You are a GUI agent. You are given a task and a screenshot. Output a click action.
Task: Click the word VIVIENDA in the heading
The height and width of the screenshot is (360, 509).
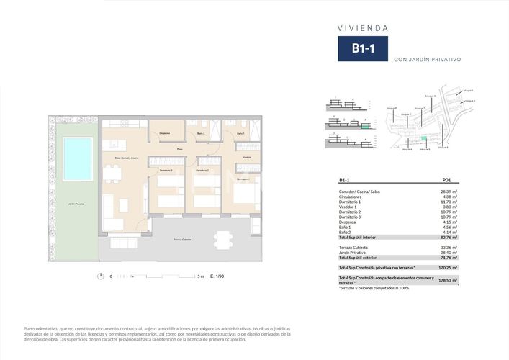pos(364,28)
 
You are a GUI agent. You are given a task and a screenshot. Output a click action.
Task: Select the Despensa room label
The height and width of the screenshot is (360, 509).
pos(165,134)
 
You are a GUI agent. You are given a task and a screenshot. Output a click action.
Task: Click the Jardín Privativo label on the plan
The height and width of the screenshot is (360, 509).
pos(76,204)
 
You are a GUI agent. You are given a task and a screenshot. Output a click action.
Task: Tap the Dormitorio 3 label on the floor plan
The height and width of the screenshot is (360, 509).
pos(166,171)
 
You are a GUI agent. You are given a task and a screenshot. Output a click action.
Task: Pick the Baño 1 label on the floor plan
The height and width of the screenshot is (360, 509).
pos(240,134)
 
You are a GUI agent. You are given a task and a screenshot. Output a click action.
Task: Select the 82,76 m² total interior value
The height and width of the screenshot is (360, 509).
pos(449,237)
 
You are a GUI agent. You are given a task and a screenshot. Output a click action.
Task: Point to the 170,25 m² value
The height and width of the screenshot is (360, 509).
pos(449,266)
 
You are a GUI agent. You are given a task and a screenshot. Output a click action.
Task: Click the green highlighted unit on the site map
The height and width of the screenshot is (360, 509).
pos(423,138)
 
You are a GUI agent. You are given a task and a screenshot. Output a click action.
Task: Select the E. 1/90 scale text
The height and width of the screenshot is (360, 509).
pos(217,276)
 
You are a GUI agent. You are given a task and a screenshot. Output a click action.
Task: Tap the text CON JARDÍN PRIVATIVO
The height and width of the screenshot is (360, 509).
pos(428,60)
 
